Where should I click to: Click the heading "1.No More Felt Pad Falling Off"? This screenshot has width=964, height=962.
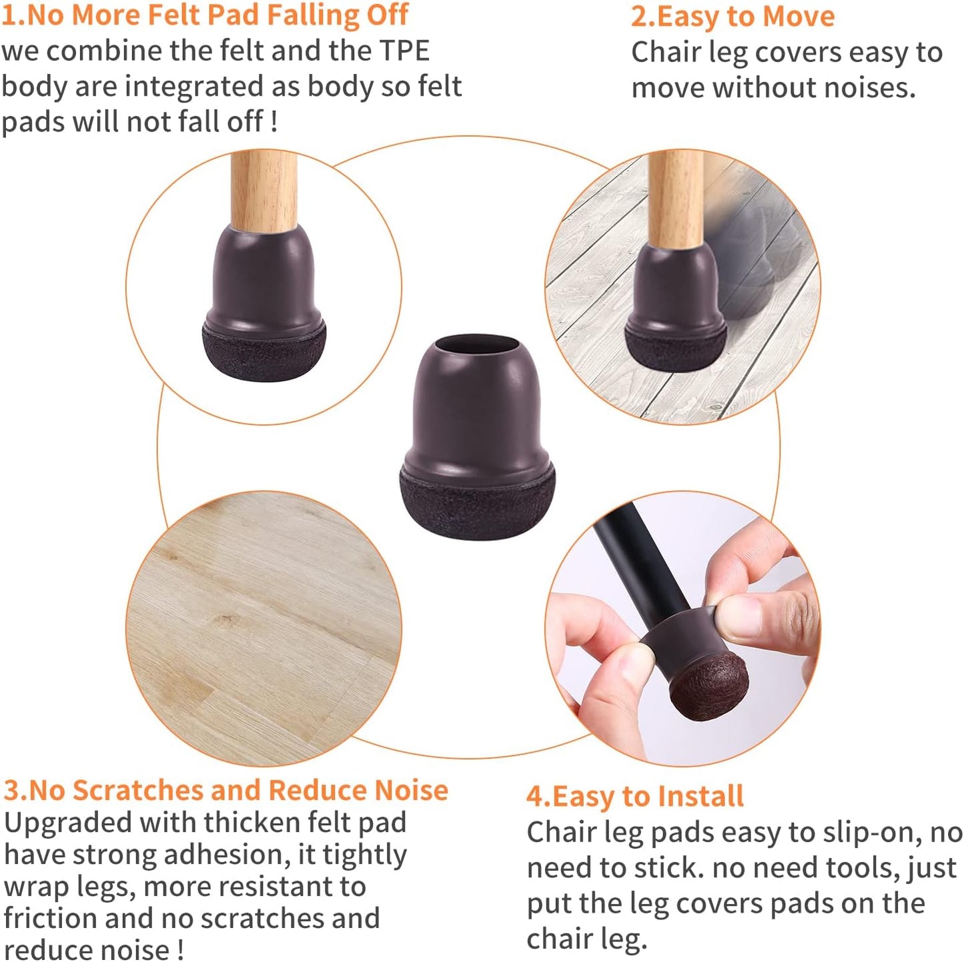tap(204, 15)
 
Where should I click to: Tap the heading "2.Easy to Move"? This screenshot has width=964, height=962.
tap(733, 16)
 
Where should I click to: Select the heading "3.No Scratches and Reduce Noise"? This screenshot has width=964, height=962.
tap(225, 790)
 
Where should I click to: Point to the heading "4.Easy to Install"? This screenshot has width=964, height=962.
tap(634, 796)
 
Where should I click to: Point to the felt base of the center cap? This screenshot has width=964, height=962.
tap(477, 504)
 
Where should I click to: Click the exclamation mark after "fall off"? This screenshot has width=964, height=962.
tap(274, 121)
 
